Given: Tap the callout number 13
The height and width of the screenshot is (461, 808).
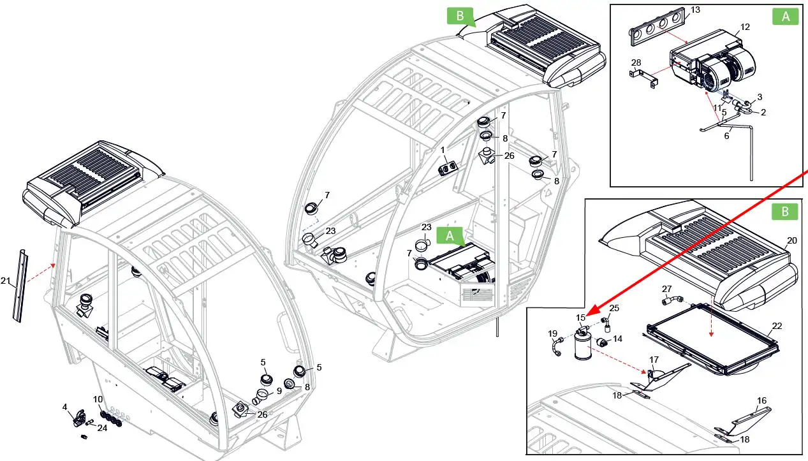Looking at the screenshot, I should (695, 10).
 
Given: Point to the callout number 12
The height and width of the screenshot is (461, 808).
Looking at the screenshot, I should (745, 27).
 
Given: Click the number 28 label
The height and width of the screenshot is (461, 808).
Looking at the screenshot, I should (636, 62).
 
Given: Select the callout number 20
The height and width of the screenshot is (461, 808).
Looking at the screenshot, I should (791, 240).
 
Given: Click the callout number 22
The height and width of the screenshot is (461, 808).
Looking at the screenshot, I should (776, 325).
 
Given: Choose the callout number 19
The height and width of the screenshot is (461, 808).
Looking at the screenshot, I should (552, 333).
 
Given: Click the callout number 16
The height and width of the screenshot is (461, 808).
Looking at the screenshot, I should (761, 400).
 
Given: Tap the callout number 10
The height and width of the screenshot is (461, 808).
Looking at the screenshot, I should (98, 399).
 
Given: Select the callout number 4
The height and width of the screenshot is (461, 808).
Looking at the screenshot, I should (64, 406).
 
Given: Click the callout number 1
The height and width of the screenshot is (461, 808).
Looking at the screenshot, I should (443, 150).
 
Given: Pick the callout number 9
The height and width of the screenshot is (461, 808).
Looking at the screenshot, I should (279, 390).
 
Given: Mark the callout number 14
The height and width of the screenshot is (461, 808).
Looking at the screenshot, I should (617, 339).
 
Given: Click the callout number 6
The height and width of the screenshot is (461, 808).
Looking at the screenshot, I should (726, 135).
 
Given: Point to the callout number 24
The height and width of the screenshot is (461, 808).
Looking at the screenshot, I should (102, 428).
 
